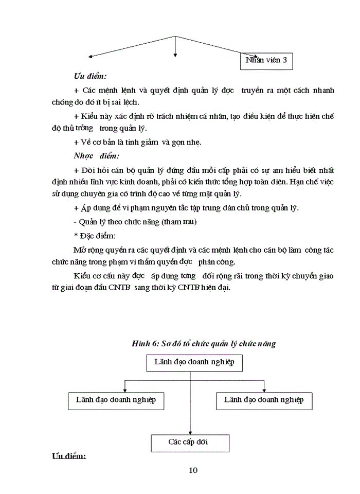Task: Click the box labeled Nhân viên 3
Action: pyautogui.click(x=266, y=61)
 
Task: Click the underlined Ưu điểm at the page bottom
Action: pyautogui.click(x=68, y=457)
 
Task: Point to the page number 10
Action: pyautogui.click(x=193, y=470)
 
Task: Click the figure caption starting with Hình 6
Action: pyautogui.click(x=203, y=344)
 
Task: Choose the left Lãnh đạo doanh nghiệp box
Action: pyautogui.click(x=116, y=400)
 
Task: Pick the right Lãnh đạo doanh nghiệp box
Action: pyautogui.click(x=264, y=400)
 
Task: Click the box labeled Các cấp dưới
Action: pyautogui.click(x=190, y=443)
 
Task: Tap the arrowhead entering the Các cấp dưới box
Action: pyautogui.click(x=190, y=432)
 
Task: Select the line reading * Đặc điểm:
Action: pyautogui.click(x=95, y=236)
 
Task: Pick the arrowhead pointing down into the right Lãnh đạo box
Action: pyautogui.click(x=264, y=390)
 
